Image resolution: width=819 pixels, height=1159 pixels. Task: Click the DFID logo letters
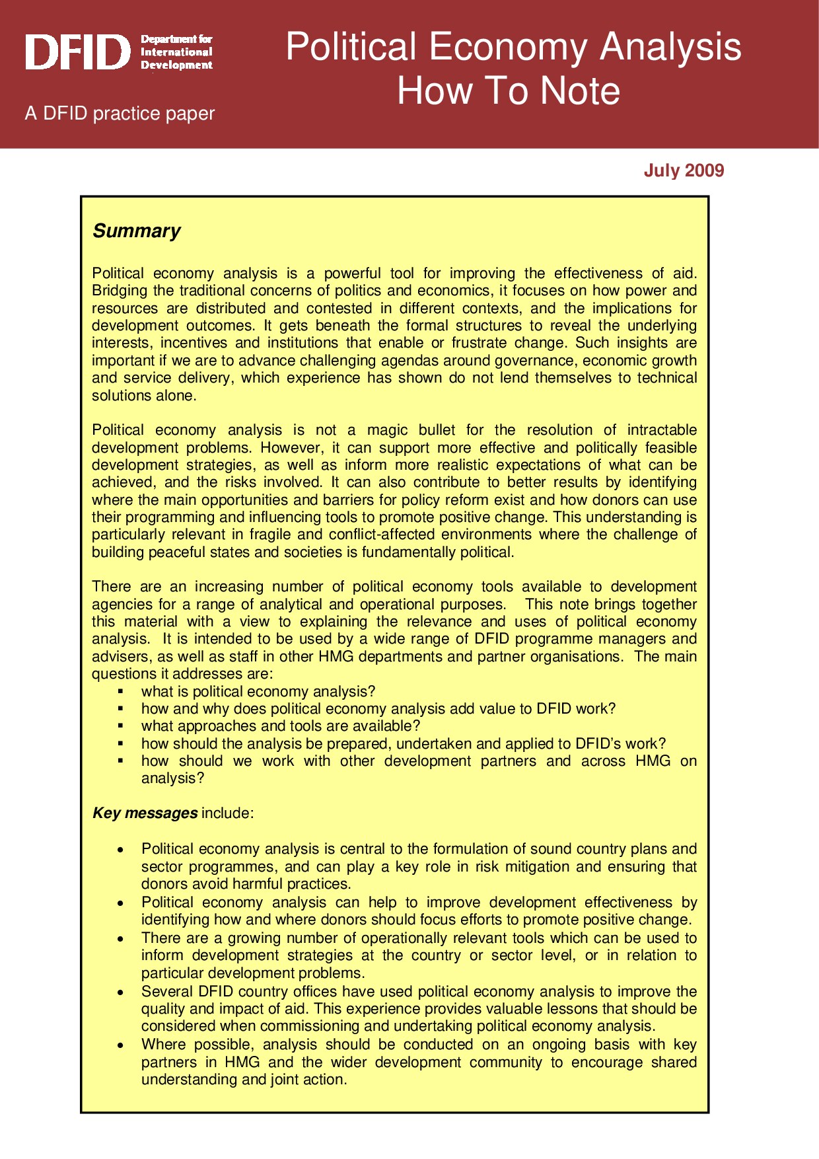78,52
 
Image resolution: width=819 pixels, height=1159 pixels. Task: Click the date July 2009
684,170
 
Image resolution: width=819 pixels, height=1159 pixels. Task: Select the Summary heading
136,231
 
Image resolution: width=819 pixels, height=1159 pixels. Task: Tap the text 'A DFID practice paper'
120,114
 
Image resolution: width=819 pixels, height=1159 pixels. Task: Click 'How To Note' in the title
508,91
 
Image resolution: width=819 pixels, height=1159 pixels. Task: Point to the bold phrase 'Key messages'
145,813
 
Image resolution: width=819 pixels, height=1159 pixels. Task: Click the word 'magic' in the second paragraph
387,430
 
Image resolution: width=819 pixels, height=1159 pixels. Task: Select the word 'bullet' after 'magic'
436,430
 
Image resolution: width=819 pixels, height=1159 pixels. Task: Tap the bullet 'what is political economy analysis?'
258,692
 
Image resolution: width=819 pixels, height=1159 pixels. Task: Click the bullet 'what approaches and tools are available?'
280,726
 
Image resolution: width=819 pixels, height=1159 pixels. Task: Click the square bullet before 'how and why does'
121,709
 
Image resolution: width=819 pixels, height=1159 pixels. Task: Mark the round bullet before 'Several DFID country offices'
120,992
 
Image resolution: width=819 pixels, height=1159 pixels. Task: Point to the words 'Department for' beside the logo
176,40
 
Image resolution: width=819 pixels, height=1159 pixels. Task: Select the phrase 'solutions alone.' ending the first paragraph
144,396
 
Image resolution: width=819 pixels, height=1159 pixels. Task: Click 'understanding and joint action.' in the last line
244,1080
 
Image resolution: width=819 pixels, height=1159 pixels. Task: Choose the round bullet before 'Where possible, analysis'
120,1045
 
